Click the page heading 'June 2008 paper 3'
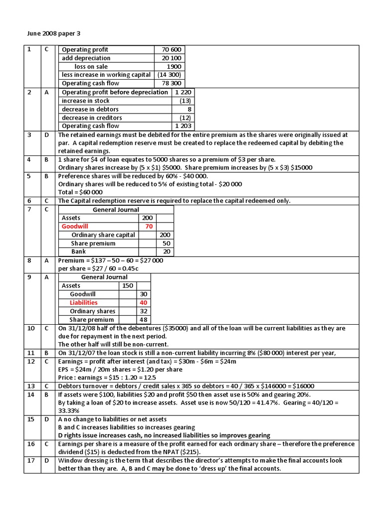[x=53, y=34]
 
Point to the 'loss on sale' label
[x=91, y=67]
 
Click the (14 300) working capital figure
[x=169, y=75]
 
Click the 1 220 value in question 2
[x=183, y=92]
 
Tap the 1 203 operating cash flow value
[x=183, y=126]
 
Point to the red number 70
[x=148, y=227]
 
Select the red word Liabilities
[x=83, y=303]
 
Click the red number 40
[x=144, y=303]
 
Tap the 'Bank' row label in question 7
[x=79, y=252]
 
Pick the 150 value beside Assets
[x=127, y=286]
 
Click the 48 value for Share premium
[x=144, y=320]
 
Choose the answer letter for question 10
[x=46, y=329]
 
